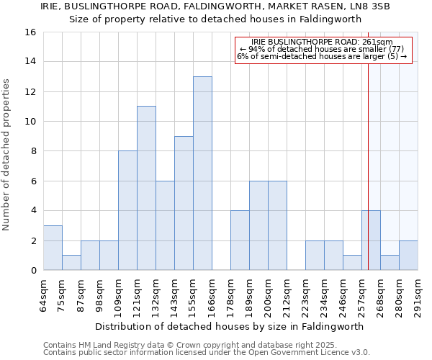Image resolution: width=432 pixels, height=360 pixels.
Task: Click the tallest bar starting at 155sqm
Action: (x=202, y=173)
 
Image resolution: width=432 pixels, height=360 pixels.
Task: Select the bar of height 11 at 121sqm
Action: (x=146, y=188)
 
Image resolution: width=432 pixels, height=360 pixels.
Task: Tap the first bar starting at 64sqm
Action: (x=53, y=248)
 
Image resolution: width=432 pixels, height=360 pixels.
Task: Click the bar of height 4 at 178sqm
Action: (x=240, y=240)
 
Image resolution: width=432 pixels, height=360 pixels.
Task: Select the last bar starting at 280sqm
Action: (x=408, y=256)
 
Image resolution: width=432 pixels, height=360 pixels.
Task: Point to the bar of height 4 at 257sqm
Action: (x=371, y=240)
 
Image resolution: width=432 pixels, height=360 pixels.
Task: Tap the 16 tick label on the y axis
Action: (x=30, y=32)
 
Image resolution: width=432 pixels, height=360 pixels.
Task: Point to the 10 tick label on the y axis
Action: (x=30, y=122)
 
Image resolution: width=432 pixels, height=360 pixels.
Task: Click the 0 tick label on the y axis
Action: (x=33, y=271)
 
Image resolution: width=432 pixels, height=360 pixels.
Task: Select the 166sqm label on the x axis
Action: (x=212, y=294)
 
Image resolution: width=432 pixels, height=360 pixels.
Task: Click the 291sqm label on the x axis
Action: (x=418, y=294)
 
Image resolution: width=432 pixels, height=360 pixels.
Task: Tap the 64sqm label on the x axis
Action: (x=43, y=294)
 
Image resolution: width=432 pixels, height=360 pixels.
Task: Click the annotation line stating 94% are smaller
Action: (x=323, y=49)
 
